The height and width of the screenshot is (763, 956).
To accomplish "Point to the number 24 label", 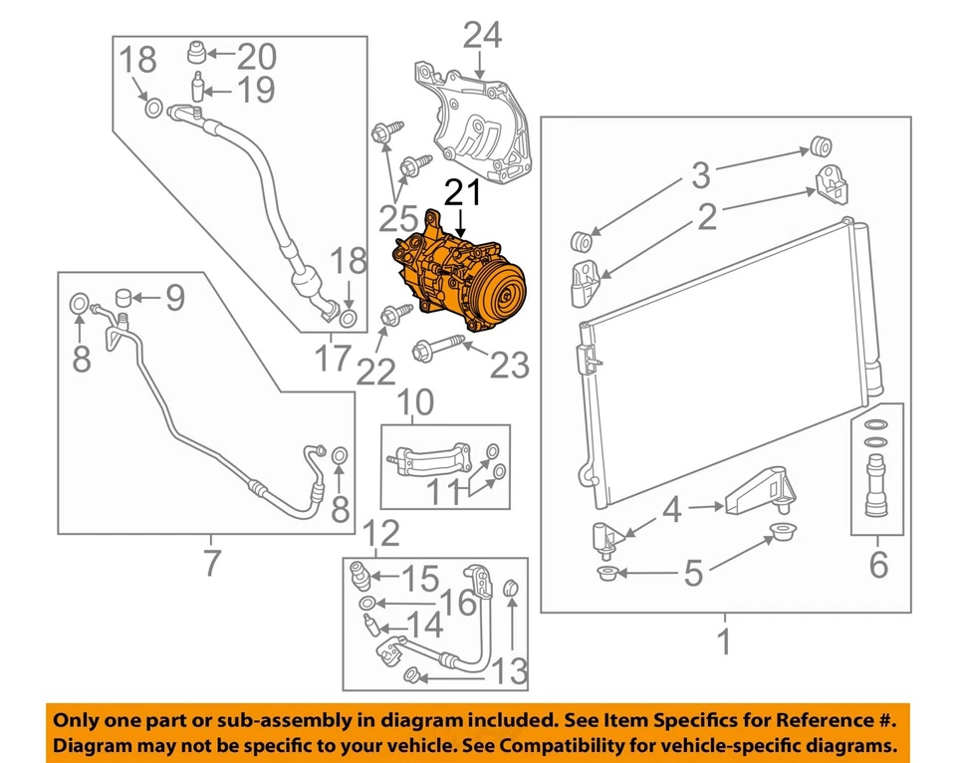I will coord(483,37).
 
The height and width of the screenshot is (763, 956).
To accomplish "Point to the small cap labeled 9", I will coord(124,296).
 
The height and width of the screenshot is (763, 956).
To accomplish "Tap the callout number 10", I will coord(417,402).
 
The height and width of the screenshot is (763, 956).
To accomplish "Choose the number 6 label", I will coord(877,565).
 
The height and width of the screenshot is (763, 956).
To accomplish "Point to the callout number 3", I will coord(702,176).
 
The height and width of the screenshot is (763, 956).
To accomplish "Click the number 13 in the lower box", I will coord(509,672).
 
